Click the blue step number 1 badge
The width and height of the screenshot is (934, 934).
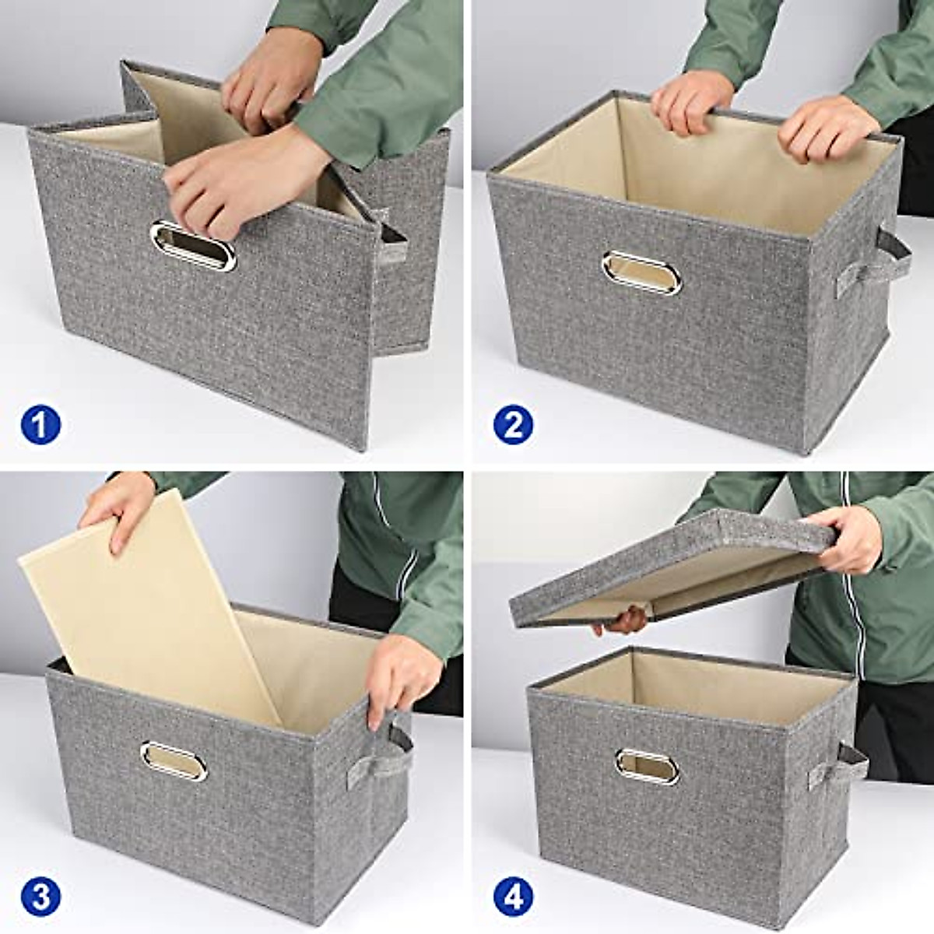pos(40,425)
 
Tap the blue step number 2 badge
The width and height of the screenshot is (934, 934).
pos(513,425)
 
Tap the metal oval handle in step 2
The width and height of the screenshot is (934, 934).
pos(641,272)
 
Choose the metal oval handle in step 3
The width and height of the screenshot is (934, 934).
pos(174,761)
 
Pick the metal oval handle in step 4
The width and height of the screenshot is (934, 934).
pos(647,767)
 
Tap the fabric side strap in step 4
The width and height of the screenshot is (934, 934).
pos(841,766)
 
